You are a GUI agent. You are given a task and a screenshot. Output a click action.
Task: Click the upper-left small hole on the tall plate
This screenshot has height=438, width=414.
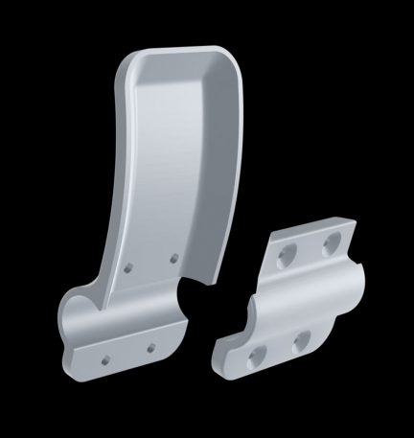coord(129,270)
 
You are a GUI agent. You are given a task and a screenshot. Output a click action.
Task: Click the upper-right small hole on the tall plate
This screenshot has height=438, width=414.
coord(173,256)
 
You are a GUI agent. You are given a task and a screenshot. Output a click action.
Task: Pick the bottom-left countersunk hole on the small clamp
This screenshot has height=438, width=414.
coord(256,357)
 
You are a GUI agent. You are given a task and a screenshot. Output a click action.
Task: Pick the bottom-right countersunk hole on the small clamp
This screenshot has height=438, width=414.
coord(299,338)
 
